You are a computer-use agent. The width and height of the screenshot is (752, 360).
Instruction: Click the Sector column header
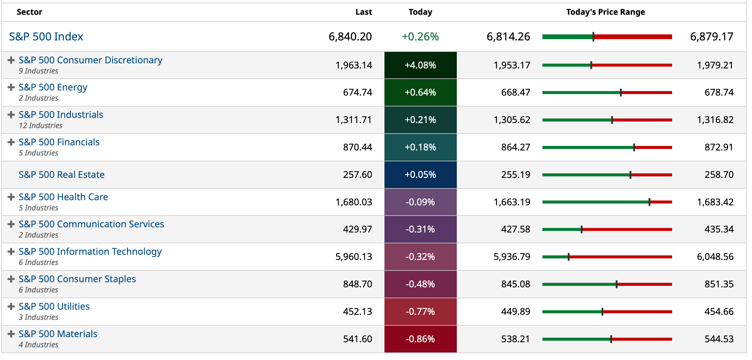[x=29, y=12]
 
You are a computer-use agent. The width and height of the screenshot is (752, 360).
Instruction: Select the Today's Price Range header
[x=605, y=12]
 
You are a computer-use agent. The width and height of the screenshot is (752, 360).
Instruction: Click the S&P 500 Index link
[x=46, y=36]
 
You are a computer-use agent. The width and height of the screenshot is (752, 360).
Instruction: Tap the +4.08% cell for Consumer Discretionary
[x=420, y=65]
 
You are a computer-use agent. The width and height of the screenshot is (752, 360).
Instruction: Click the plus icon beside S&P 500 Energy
[x=11, y=87]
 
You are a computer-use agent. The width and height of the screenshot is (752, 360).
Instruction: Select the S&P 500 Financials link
[x=59, y=142]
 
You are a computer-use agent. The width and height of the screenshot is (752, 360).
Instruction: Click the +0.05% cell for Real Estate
[x=420, y=175]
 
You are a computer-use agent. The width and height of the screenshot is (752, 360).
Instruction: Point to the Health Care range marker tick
[x=649, y=202]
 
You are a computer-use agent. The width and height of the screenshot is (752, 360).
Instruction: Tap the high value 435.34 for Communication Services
[x=719, y=229]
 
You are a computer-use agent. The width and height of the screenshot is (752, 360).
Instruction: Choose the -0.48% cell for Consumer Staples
[x=420, y=284]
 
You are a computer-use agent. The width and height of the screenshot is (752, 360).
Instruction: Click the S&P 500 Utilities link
[x=54, y=306]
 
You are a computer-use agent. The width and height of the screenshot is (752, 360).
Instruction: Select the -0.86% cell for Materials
[x=420, y=339]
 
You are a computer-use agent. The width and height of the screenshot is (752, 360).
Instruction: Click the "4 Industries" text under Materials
[x=38, y=345]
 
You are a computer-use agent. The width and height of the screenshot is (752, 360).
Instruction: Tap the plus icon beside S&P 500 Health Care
[x=11, y=197]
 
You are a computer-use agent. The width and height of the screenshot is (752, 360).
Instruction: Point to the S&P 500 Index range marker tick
[x=593, y=37]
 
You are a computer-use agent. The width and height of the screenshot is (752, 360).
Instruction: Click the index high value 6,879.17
[x=711, y=37]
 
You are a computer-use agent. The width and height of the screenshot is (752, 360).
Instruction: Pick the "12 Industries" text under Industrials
[x=40, y=125]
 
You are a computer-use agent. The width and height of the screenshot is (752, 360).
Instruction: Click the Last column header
[x=363, y=12]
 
